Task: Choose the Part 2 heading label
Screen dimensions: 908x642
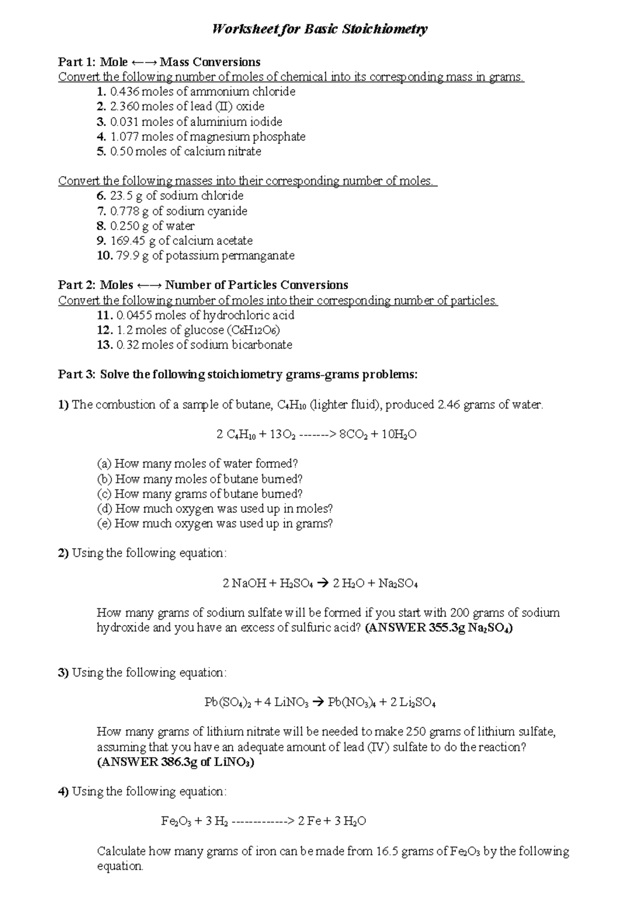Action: tap(78, 285)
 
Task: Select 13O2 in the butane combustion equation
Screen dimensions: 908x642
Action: tap(282, 435)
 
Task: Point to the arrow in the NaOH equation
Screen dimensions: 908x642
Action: tap(323, 584)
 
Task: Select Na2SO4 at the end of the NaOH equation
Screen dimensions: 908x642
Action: tap(398, 584)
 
